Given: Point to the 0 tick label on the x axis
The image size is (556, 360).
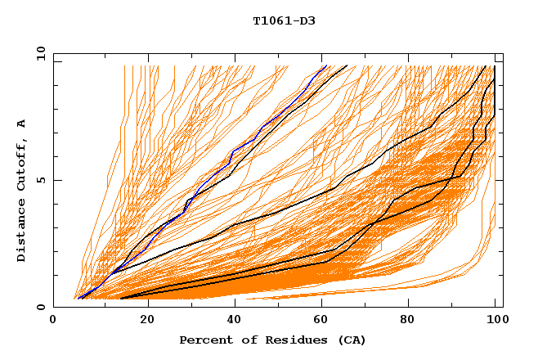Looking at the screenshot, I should [54, 321].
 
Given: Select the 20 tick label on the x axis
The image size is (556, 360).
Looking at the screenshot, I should [147, 321].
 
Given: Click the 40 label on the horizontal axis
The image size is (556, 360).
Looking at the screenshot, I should [236, 321].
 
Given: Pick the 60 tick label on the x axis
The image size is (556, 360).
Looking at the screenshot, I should [325, 321].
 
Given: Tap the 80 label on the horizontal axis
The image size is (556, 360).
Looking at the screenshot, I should [413, 321].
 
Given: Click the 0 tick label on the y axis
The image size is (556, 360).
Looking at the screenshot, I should [41, 308].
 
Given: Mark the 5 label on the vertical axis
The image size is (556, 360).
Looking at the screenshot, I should [41, 180].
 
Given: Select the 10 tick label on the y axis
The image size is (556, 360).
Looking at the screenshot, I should [38, 53].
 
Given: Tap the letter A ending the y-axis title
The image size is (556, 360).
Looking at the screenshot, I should [22, 123].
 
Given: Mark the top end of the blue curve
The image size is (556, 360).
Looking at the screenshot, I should [325, 65].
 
